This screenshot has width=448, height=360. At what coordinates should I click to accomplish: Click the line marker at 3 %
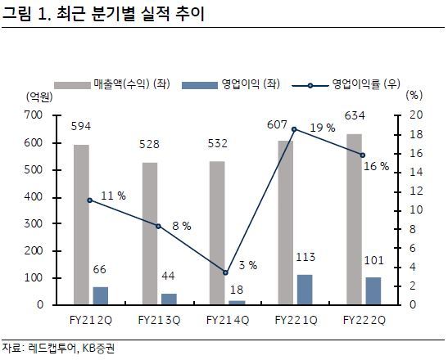(224, 272)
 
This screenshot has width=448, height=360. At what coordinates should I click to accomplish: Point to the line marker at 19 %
(293, 129)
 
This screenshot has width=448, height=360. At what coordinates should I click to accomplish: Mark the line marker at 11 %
(90, 200)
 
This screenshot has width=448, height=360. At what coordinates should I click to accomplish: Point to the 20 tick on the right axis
(415, 115)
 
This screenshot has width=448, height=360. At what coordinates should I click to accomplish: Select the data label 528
(154, 145)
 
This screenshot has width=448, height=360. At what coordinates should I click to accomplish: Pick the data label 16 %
(378, 168)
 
